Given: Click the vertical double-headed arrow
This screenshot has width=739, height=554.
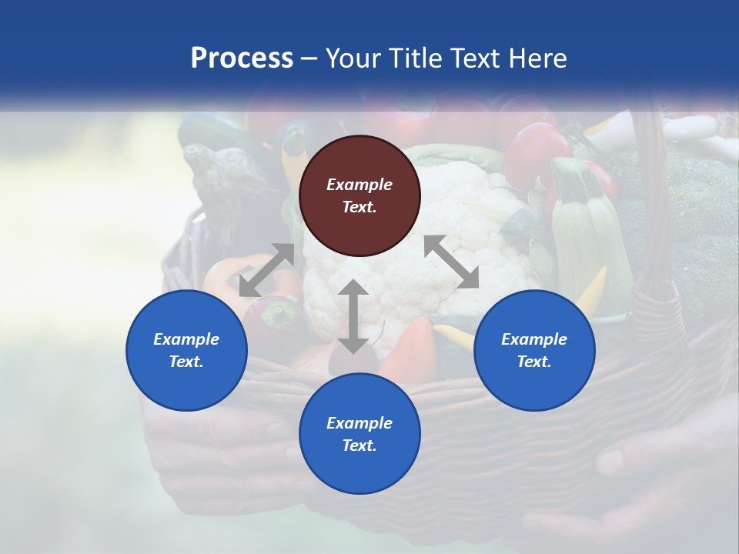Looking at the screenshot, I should coord(353,316).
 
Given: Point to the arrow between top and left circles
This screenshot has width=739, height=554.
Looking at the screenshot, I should coord(266,270).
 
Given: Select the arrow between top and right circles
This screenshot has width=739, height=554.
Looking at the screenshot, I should coord(451,262).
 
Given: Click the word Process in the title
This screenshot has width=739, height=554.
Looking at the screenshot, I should coord(242,58).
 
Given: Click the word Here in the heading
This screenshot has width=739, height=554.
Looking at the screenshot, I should coord(537,58).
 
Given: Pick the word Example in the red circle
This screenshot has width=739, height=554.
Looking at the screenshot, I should coord(359,185).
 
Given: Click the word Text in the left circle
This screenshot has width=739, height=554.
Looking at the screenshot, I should coord(186,362).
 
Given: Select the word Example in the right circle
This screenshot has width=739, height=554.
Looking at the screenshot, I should coord(534,339).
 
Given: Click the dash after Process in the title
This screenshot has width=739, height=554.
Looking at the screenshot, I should coord(309,58).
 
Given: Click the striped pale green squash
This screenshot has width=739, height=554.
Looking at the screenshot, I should coord(587,231).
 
